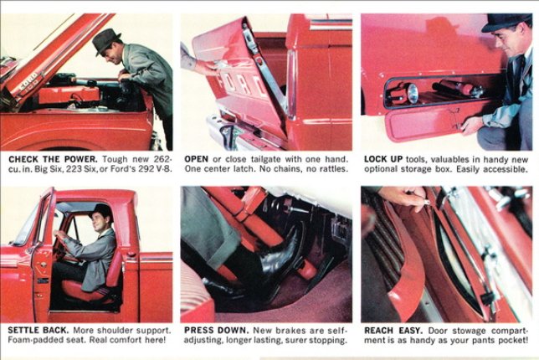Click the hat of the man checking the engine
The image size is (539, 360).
click(x=106, y=40)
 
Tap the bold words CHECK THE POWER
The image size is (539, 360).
click(x=53, y=160)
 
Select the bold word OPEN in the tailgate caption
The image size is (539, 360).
click(x=197, y=160)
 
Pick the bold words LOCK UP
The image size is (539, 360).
click(x=383, y=160)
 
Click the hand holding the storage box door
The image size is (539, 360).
click(x=473, y=126)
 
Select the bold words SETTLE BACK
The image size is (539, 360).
click(x=38, y=331)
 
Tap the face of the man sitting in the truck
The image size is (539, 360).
click(x=100, y=222)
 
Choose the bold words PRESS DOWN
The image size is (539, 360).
click(x=217, y=331)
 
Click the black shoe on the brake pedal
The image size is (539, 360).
click(x=280, y=250)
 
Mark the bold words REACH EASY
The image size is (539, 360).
click(x=393, y=331)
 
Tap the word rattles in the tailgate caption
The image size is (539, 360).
click(x=333, y=169)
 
